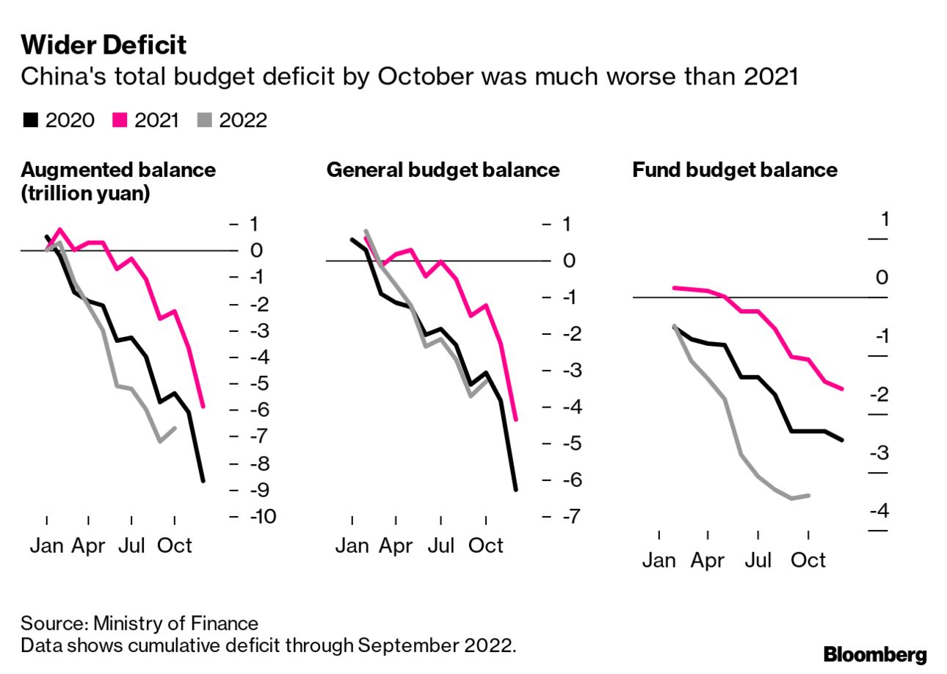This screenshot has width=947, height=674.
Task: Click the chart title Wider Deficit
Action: (x=104, y=46)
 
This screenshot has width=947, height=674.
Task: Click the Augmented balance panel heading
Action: (x=118, y=170)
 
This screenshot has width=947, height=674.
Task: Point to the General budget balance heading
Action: (x=443, y=170)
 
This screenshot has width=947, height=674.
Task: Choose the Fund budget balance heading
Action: (x=735, y=170)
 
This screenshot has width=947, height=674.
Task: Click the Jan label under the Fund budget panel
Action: (x=658, y=561)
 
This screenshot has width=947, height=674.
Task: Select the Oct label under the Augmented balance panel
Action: (x=175, y=546)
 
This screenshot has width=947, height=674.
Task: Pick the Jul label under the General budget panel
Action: (x=441, y=546)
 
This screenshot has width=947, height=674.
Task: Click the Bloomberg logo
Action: (x=875, y=655)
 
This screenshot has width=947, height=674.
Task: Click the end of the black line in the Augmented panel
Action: (x=203, y=481)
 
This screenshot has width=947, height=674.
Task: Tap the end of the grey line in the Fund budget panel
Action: (x=808, y=496)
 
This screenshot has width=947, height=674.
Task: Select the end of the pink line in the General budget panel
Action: (x=516, y=420)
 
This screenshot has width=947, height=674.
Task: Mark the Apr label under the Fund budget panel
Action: (x=708, y=561)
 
